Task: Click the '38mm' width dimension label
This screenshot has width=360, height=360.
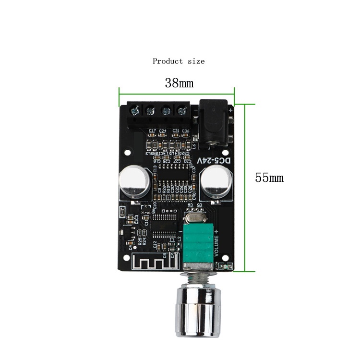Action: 179,83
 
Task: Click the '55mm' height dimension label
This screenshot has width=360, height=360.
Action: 269,178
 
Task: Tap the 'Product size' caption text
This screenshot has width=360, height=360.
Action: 179,61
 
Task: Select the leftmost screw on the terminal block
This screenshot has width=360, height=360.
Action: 135,111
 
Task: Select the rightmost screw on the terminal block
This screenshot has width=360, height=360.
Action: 181,111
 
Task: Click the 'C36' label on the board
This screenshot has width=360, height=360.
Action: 185,131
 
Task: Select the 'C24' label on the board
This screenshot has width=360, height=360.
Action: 163,131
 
